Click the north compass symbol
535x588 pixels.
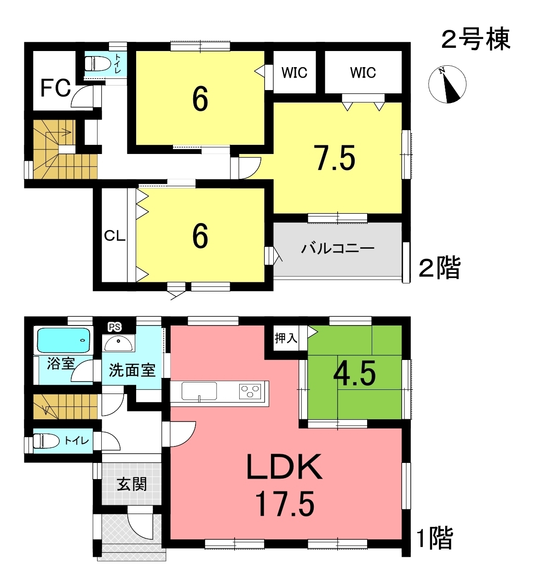point(447,84)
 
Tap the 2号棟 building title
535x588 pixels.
point(476,39)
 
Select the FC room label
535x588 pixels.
point(56,88)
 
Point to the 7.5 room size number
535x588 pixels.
point(335,158)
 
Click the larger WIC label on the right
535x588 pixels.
point(363,72)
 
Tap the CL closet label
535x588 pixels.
point(115,235)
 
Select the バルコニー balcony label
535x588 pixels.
point(338,249)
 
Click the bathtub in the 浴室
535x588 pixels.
point(63,341)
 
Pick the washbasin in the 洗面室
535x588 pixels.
point(118,343)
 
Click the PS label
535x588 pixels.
point(115,327)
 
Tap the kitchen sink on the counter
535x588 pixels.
point(199,391)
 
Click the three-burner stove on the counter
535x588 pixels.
point(250,391)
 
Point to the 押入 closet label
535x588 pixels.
point(286,338)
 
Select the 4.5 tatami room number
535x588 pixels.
point(354,373)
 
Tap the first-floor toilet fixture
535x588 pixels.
point(46,441)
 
